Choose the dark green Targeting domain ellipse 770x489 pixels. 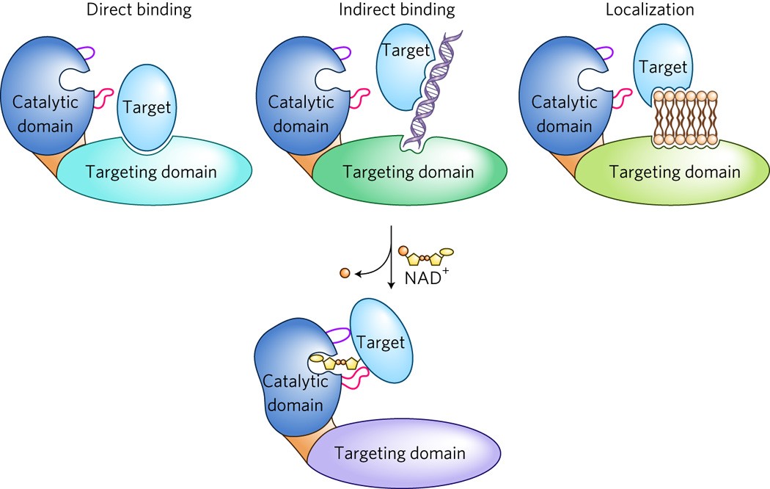pyautogui.click(x=411, y=172)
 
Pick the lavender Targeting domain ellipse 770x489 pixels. pyautogui.click(x=403, y=452)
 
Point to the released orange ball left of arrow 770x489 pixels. pyautogui.click(x=345, y=273)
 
